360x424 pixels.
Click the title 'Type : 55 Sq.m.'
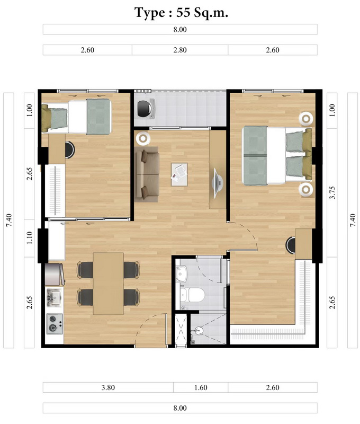click(181, 13)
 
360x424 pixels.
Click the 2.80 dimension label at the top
click(180, 50)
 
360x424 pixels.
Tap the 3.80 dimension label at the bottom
click(108, 387)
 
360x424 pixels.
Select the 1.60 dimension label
click(201, 387)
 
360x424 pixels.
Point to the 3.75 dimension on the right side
click(332, 192)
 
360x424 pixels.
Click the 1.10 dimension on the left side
click(30, 237)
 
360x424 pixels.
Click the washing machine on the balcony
click(146, 109)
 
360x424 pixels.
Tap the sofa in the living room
click(147, 174)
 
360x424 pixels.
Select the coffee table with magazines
click(179, 174)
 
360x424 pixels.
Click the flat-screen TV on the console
click(218, 183)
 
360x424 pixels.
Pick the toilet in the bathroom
click(192, 295)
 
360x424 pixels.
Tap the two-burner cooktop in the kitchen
click(55, 324)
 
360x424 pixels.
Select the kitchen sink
click(54, 297)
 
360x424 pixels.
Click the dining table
click(109, 284)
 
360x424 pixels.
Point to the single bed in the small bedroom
click(76, 117)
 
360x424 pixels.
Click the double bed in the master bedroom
click(277, 155)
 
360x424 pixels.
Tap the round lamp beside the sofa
click(143, 138)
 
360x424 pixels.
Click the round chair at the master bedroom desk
click(291, 245)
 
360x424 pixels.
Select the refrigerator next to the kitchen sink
click(55, 275)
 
